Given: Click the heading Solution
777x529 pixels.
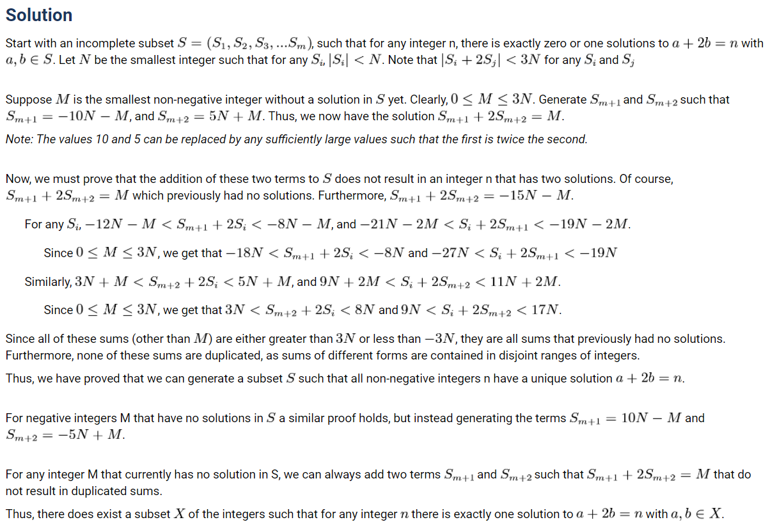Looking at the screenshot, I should point(38,15).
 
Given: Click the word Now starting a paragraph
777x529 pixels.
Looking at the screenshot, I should point(17,179).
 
